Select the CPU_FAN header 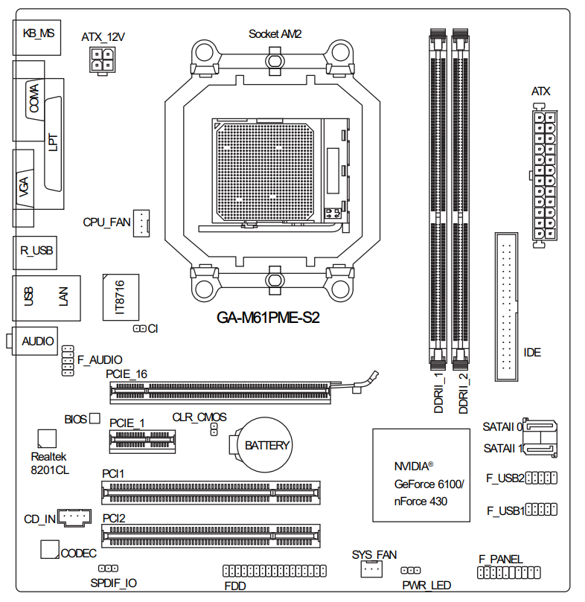[141, 222]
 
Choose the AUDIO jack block [36, 341]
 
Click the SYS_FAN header [371, 569]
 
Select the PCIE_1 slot [144, 441]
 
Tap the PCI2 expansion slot [212, 534]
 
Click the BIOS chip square [95, 419]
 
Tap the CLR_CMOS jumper [214, 429]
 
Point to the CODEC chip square [49, 549]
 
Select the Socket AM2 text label [275, 33]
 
